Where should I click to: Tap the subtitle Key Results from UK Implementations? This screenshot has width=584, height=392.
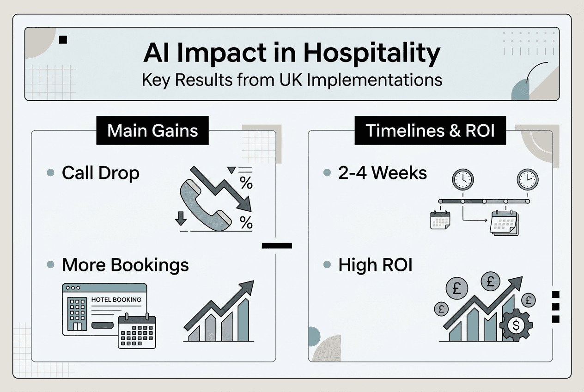pyautogui.click(x=292, y=80)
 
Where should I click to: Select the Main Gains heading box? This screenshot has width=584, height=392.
pyautogui.click(x=152, y=130)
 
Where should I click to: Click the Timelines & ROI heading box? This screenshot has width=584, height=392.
pyautogui.click(x=430, y=130)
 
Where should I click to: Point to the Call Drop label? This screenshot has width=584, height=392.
pyautogui.click(x=100, y=173)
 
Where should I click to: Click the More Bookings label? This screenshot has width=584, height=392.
pyautogui.click(x=125, y=265)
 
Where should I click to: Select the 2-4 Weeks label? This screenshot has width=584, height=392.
pyautogui.click(x=383, y=173)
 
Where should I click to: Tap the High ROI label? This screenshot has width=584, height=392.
pyautogui.click(x=375, y=265)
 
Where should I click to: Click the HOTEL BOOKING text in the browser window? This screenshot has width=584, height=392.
pyautogui.click(x=116, y=300)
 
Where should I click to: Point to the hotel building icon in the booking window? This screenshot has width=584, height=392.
pyautogui.click(x=77, y=313)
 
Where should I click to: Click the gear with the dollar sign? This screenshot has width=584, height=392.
pyautogui.click(x=516, y=325)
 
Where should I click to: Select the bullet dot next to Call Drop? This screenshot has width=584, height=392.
pyautogui.click(x=51, y=173)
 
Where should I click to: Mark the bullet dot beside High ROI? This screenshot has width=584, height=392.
pyautogui.click(x=327, y=265)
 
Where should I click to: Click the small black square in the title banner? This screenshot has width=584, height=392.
pyautogui.click(x=63, y=40)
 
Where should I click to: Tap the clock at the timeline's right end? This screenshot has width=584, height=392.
pyautogui.click(x=527, y=178)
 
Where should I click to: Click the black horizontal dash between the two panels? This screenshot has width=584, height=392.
pyautogui.click(x=277, y=245)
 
